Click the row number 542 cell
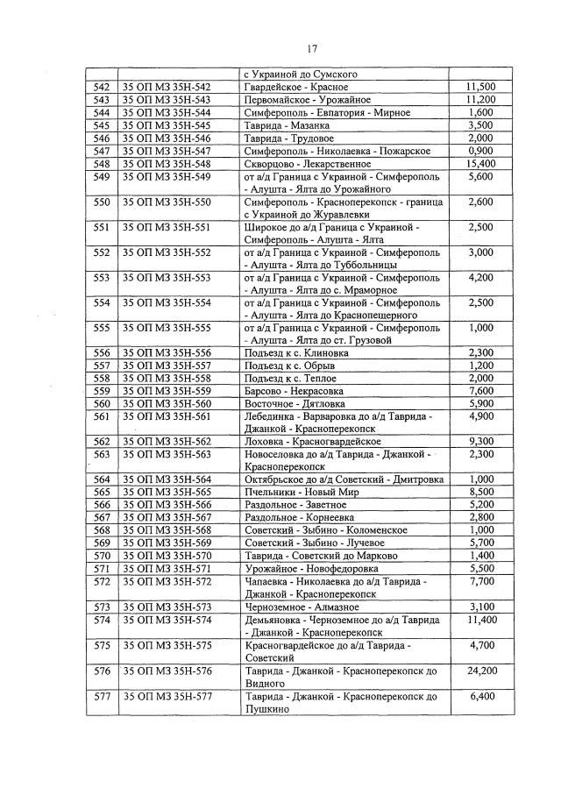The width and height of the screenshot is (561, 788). click(x=101, y=87)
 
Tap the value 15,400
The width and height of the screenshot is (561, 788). click(x=481, y=164)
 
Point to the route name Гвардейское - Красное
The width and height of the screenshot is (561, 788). click(x=295, y=87)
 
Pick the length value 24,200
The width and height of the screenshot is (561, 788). click(x=480, y=671)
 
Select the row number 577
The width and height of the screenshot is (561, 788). click(x=101, y=697)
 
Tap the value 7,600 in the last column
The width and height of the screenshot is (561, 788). click(x=481, y=390)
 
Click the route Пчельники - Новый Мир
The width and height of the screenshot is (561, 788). click(x=296, y=493)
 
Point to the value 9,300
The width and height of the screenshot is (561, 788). click(x=481, y=441)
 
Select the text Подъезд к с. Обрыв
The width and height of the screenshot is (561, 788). click(x=290, y=365)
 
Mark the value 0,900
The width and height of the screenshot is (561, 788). click(x=481, y=151)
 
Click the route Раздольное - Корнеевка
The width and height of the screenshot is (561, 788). click(x=298, y=517)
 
